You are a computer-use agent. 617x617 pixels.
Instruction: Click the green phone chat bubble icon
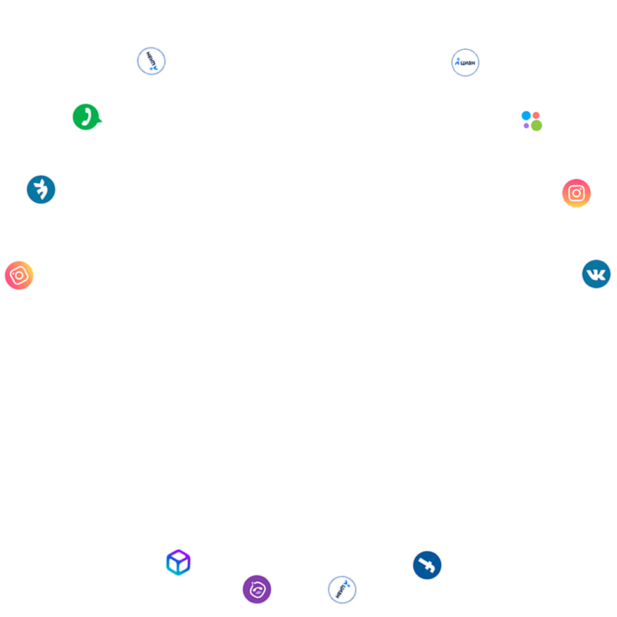(x=86, y=117)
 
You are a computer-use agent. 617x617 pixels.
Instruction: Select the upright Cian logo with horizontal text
(x=465, y=63)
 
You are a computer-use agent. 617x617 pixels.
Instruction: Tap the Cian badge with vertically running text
(x=151, y=61)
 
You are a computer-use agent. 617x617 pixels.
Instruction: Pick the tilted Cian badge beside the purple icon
(x=342, y=590)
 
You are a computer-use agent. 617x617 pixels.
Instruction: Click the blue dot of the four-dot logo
(x=526, y=116)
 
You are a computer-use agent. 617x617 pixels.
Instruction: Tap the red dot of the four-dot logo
(x=537, y=116)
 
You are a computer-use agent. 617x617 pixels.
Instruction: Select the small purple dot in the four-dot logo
(x=526, y=126)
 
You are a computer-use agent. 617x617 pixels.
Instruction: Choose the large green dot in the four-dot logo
(x=537, y=126)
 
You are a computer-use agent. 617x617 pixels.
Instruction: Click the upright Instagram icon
(x=576, y=193)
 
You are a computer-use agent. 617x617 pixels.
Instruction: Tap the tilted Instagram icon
(x=19, y=275)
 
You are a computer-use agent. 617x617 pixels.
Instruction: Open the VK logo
(x=596, y=274)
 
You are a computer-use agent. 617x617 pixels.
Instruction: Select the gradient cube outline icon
(x=178, y=563)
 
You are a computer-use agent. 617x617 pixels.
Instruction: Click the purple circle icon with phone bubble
(x=257, y=589)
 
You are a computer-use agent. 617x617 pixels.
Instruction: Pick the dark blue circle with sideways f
(x=427, y=565)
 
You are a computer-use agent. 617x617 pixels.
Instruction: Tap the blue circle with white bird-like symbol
(x=41, y=190)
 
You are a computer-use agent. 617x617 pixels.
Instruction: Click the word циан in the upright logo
(x=468, y=63)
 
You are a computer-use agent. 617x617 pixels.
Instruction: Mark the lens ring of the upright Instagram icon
(x=576, y=193)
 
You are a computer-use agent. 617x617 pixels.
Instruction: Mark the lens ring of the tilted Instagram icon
(x=19, y=275)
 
